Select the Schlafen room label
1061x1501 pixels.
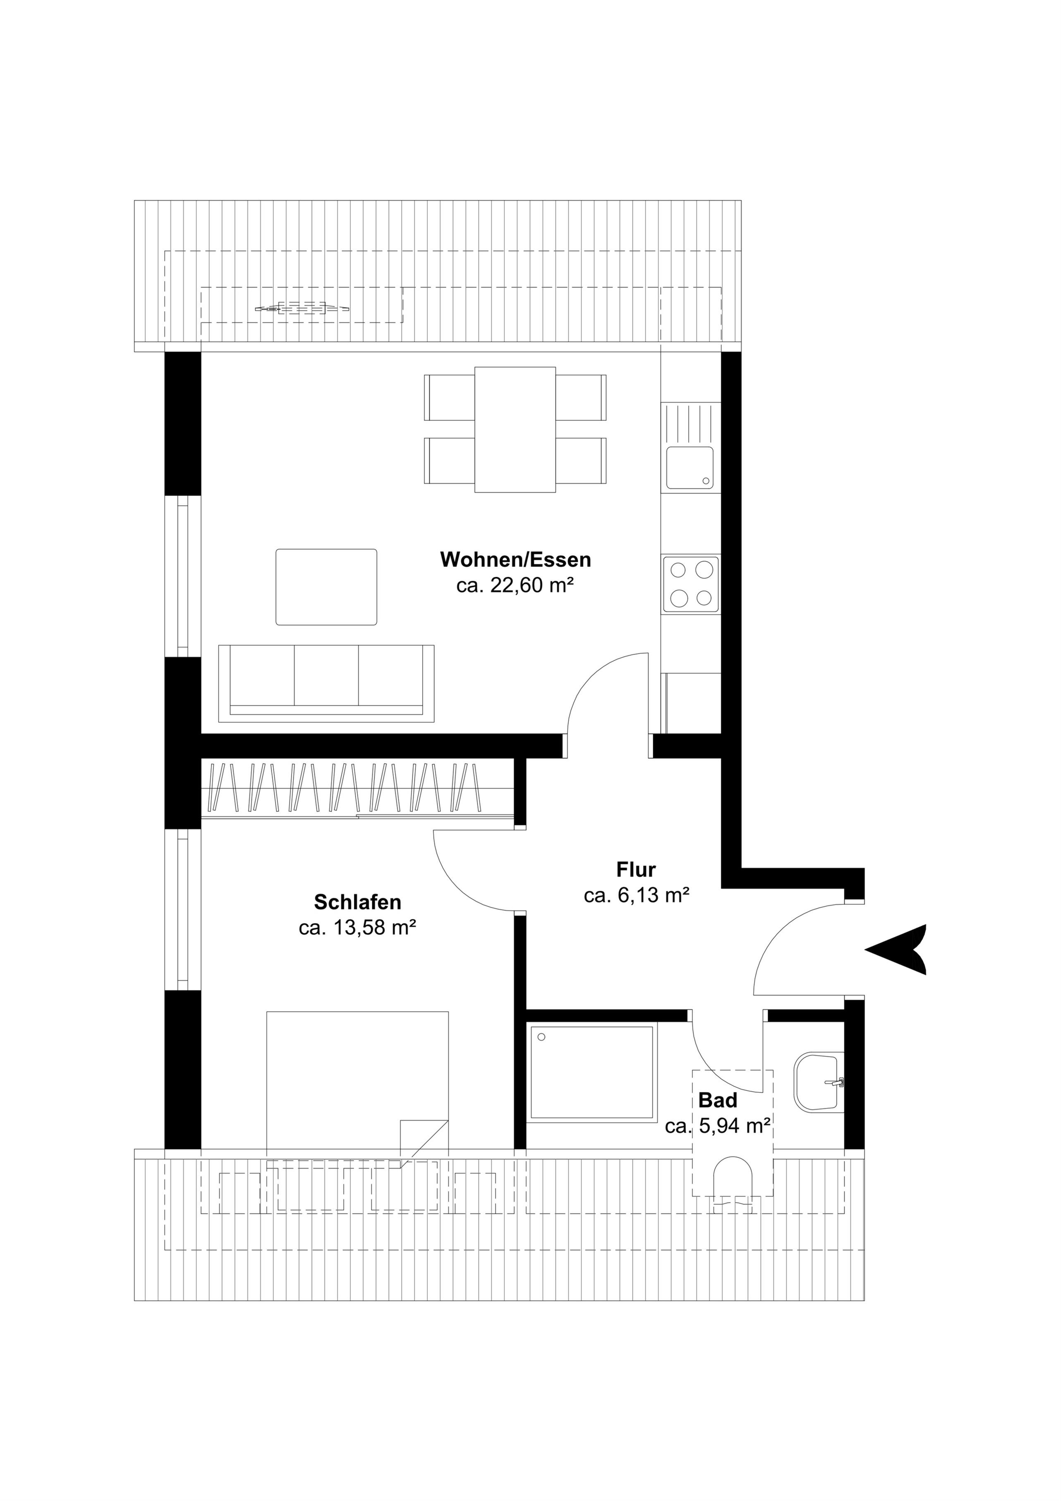(x=357, y=902)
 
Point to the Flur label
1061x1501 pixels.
(x=636, y=870)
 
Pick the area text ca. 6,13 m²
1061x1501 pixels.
(x=637, y=896)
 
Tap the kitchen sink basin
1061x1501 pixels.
(x=690, y=468)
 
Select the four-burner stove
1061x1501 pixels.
(x=690, y=585)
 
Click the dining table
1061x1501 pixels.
(x=515, y=429)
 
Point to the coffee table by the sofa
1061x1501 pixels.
(x=326, y=587)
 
